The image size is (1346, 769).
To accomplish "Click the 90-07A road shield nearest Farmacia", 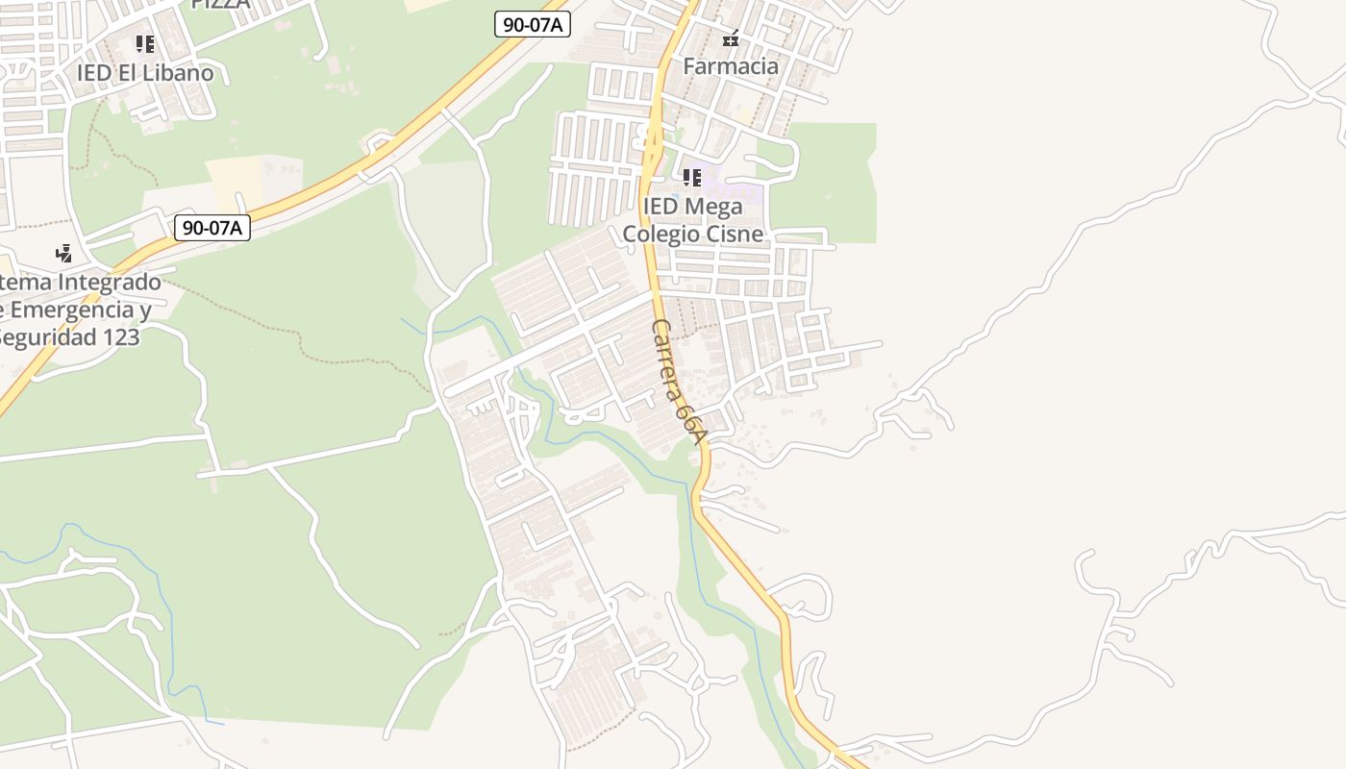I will (x=533, y=25).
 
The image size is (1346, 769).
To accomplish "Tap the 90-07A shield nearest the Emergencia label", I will (x=212, y=228).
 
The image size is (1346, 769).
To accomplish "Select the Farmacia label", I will (x=731, y=66).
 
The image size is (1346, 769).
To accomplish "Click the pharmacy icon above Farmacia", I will (x=731, y=39).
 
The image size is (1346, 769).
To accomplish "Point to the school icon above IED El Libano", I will (x=145, y=44).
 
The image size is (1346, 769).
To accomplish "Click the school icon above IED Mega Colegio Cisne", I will (x=692, y=178).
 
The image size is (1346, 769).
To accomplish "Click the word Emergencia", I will (x=72, y=310).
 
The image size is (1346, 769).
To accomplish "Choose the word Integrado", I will (x=110, y=284).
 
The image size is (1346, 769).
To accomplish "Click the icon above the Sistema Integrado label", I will (x=64, y=255).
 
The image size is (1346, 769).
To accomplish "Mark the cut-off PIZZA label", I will (x=220, y=4).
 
